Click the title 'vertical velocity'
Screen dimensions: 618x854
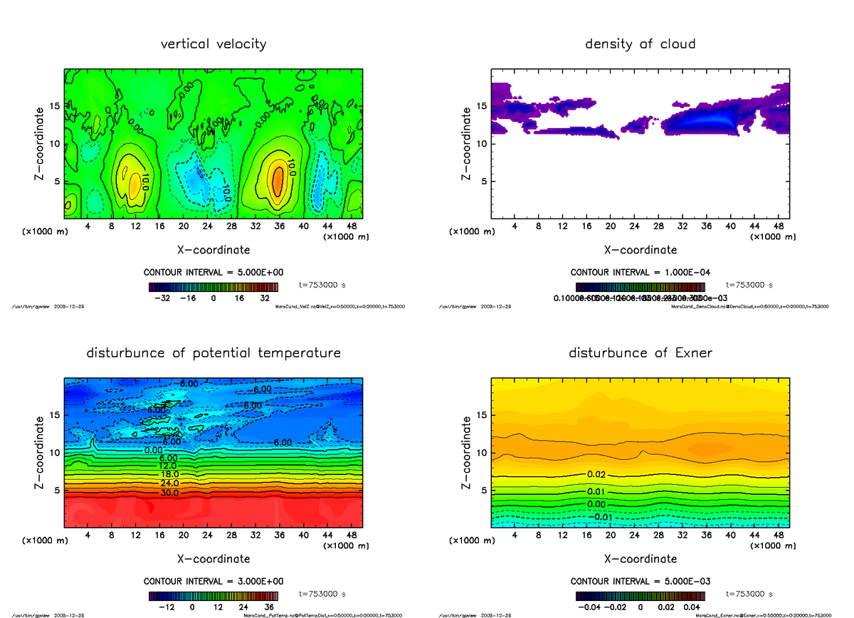click(213, 44)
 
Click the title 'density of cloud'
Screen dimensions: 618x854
click(640, 44)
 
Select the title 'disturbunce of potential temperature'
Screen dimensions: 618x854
click(213, 353)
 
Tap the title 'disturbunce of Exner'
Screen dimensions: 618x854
click(640, 353)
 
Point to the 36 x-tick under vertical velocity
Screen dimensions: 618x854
click(280, 226)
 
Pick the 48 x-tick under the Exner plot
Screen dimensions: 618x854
click(779, 535)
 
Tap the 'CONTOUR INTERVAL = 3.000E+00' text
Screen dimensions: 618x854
click(213, 581)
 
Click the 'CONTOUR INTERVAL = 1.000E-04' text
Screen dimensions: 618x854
click(640, 272)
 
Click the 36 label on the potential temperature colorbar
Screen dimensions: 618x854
click(269, 607)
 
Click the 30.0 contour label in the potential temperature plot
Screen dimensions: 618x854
click(169, 493)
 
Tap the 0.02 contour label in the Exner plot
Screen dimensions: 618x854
click(596, 474)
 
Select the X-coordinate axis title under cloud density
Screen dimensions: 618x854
click(640, 250)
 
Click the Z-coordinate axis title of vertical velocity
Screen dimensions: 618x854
click(41, 142)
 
